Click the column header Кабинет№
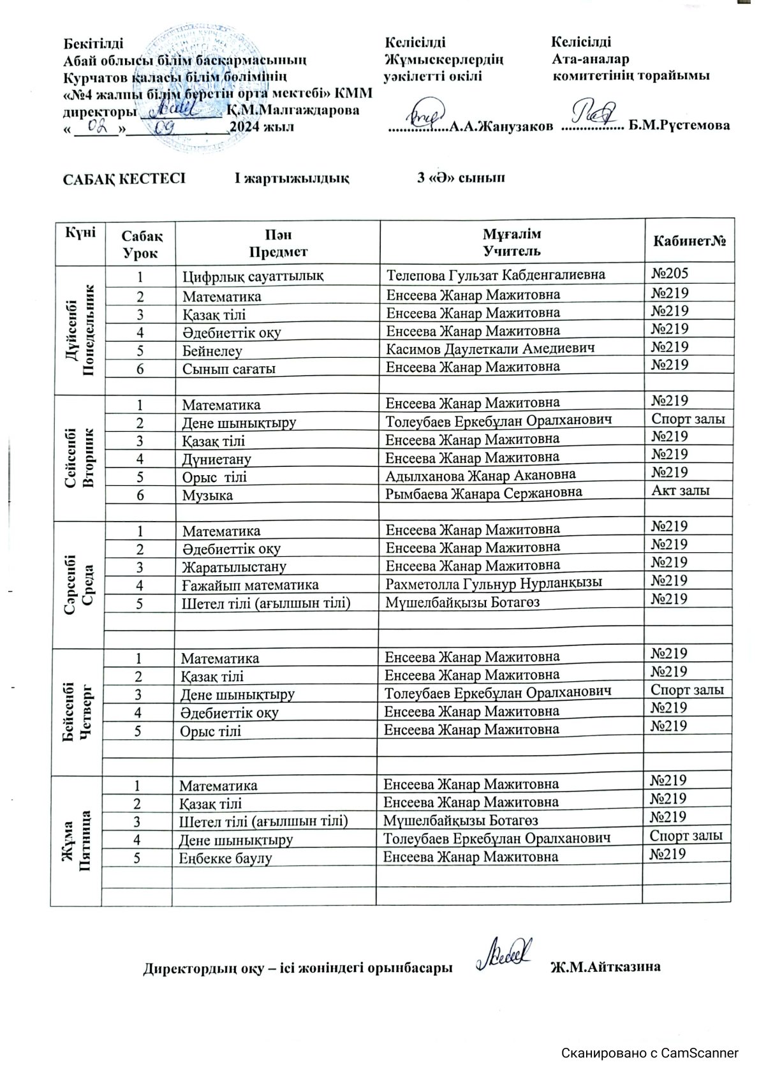coord(689,242)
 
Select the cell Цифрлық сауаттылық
coord(253,276)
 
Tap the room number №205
coord(670,274)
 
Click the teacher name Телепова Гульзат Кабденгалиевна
coord(496,275)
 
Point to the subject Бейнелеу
coord(212,351)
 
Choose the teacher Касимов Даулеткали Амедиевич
coord(490,348)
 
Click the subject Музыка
coord(207,495)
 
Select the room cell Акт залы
coord(681,490)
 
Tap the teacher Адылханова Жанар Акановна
coord(481,475)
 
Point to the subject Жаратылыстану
coord(234,567)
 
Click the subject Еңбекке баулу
coord(225,858)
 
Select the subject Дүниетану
coord(217,459)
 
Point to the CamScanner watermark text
coord(649,1053)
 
